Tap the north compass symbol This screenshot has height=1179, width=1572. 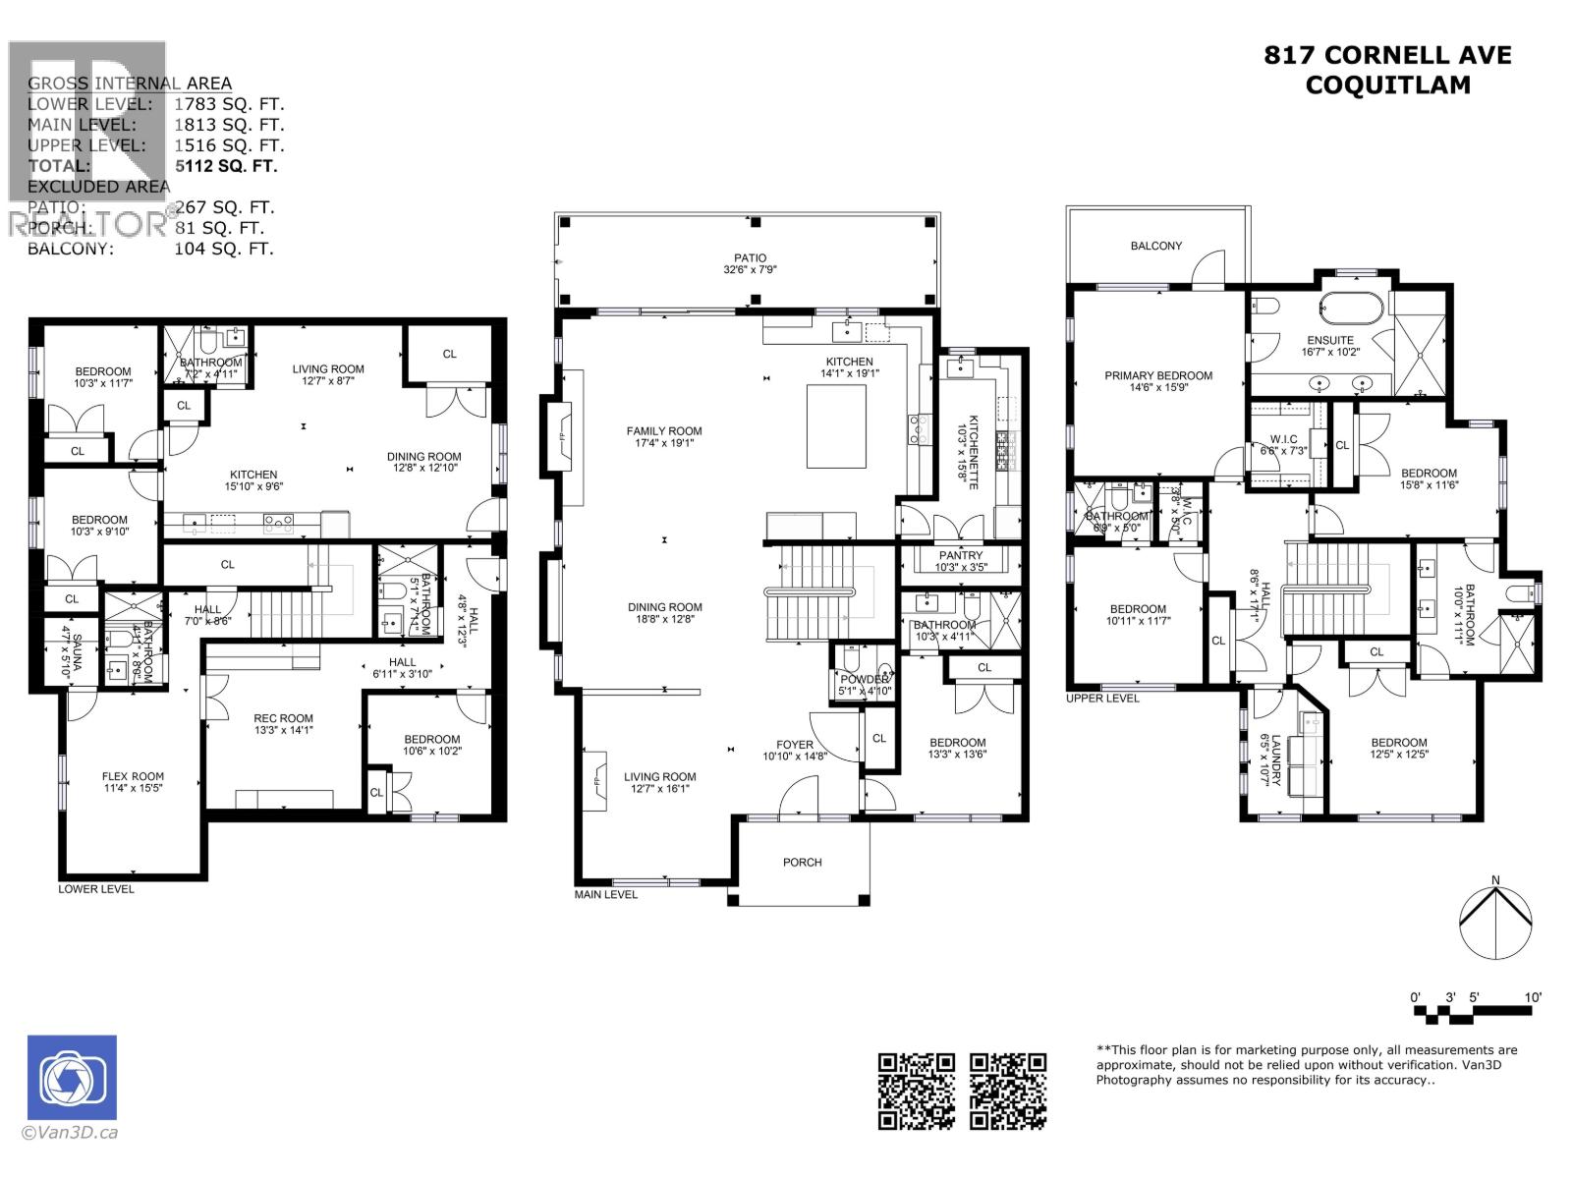click(x=1494, y=922)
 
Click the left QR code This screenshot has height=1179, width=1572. click(x=916, y=1091)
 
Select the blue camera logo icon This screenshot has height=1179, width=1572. click(x=72, y=1079)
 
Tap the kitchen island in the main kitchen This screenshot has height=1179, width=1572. click(x=836, y=426)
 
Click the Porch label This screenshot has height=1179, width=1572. click(x=802, y=863)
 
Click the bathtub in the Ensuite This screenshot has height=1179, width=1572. click(x=1352, y=309)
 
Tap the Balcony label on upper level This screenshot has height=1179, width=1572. click(x=1155, y=246)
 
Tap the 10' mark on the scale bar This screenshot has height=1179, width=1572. click(x=1532, y=997)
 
